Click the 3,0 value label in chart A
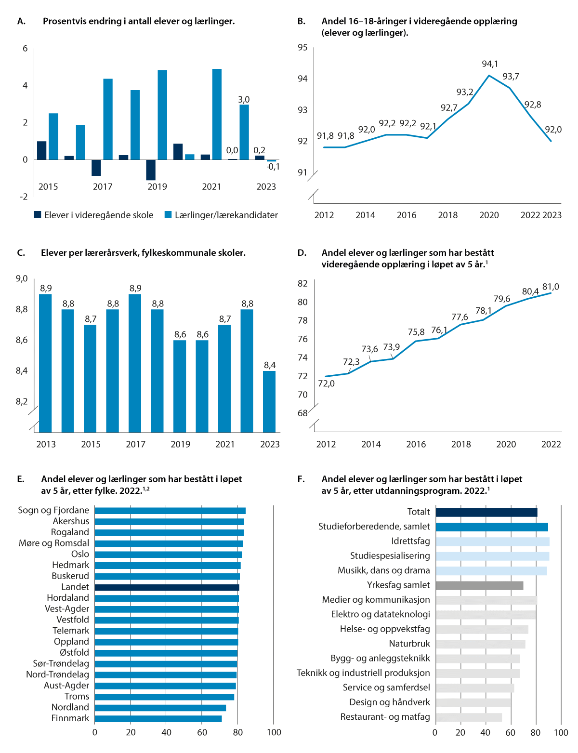coord(244,100)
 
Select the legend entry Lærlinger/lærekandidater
coord(221,215)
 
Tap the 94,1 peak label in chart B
coord(490,64)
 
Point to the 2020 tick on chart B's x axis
coord(489,215)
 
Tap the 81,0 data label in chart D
coord(551,287)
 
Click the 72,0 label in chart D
coord(326,383)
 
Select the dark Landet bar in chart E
coord(167,587)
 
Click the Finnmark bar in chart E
coord(158,719)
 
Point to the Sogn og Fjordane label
coord(53,510)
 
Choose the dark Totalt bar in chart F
coord(486,512)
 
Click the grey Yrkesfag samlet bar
coord(479,585)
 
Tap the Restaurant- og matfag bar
coord(469,717)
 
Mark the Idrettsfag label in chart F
coord(410,541)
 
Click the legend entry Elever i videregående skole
coord(93,215)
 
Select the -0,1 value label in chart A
coord(273,167)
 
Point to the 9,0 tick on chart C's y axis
coord(22,278)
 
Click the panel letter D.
coord(302,253)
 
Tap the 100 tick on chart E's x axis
coord(274,732)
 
